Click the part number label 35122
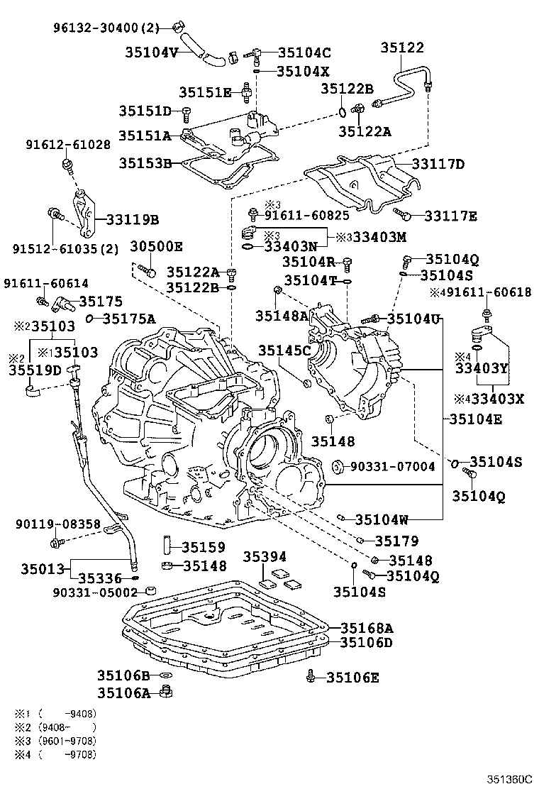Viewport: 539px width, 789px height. point(401,48)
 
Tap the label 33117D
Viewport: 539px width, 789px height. point(438,165)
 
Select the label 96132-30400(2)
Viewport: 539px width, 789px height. point(107,28)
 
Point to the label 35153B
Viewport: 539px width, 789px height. point(145,162)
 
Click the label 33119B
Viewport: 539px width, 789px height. point(133,219)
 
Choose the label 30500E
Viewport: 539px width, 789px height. point(156,246)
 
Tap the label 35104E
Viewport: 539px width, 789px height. point(475,419)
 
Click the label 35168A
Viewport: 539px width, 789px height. point(366,628)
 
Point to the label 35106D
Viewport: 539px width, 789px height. point(366,642)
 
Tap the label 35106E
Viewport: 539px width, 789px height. point(352,678)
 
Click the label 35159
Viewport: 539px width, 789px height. point(204,547)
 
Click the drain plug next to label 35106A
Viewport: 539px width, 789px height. point(167,691)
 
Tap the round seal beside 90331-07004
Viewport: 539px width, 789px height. point(338,466)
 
